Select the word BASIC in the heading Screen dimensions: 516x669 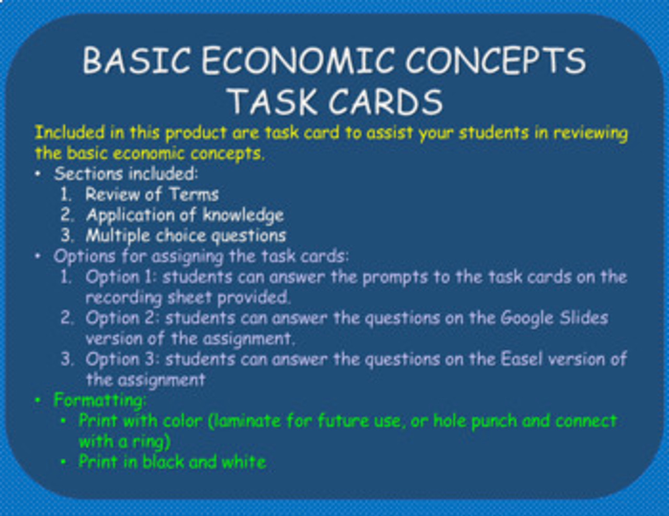coord(137,61)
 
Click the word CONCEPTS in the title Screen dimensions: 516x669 coord(495,61)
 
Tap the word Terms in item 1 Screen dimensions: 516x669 coord(194,195)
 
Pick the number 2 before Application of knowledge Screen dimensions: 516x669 coord(66,215)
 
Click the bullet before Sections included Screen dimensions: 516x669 coord(38,174)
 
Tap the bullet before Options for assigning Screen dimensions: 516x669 coord(38,256)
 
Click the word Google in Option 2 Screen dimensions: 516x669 coord(527,318)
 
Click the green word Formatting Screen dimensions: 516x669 coord(99,400)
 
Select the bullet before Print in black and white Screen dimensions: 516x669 coord(63,462)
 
